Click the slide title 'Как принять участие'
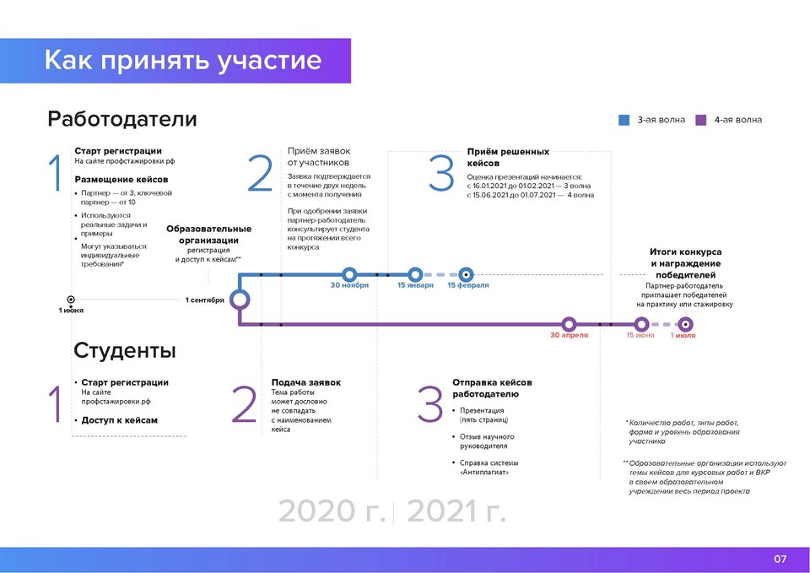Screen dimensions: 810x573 tap(183, 60)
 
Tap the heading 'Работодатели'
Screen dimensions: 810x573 tap(121, 119)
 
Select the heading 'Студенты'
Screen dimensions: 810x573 tap(125, 350)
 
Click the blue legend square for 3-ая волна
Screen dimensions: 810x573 tap(624, 120)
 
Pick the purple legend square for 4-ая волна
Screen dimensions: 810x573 tap(701, 120)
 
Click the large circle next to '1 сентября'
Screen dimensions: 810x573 tap(239, 290)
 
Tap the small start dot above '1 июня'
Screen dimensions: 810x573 tap(71, 300)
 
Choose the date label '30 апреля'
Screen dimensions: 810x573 tap(569, 335)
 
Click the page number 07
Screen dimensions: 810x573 tap(780, 559)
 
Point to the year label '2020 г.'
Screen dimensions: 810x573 tap(332, 511)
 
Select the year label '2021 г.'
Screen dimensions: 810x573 tap(456, 511)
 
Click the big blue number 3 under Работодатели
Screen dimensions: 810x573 tap(441, 173)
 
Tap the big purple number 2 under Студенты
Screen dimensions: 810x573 tap(244, 404)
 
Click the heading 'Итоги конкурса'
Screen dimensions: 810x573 tap(685, 252)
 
